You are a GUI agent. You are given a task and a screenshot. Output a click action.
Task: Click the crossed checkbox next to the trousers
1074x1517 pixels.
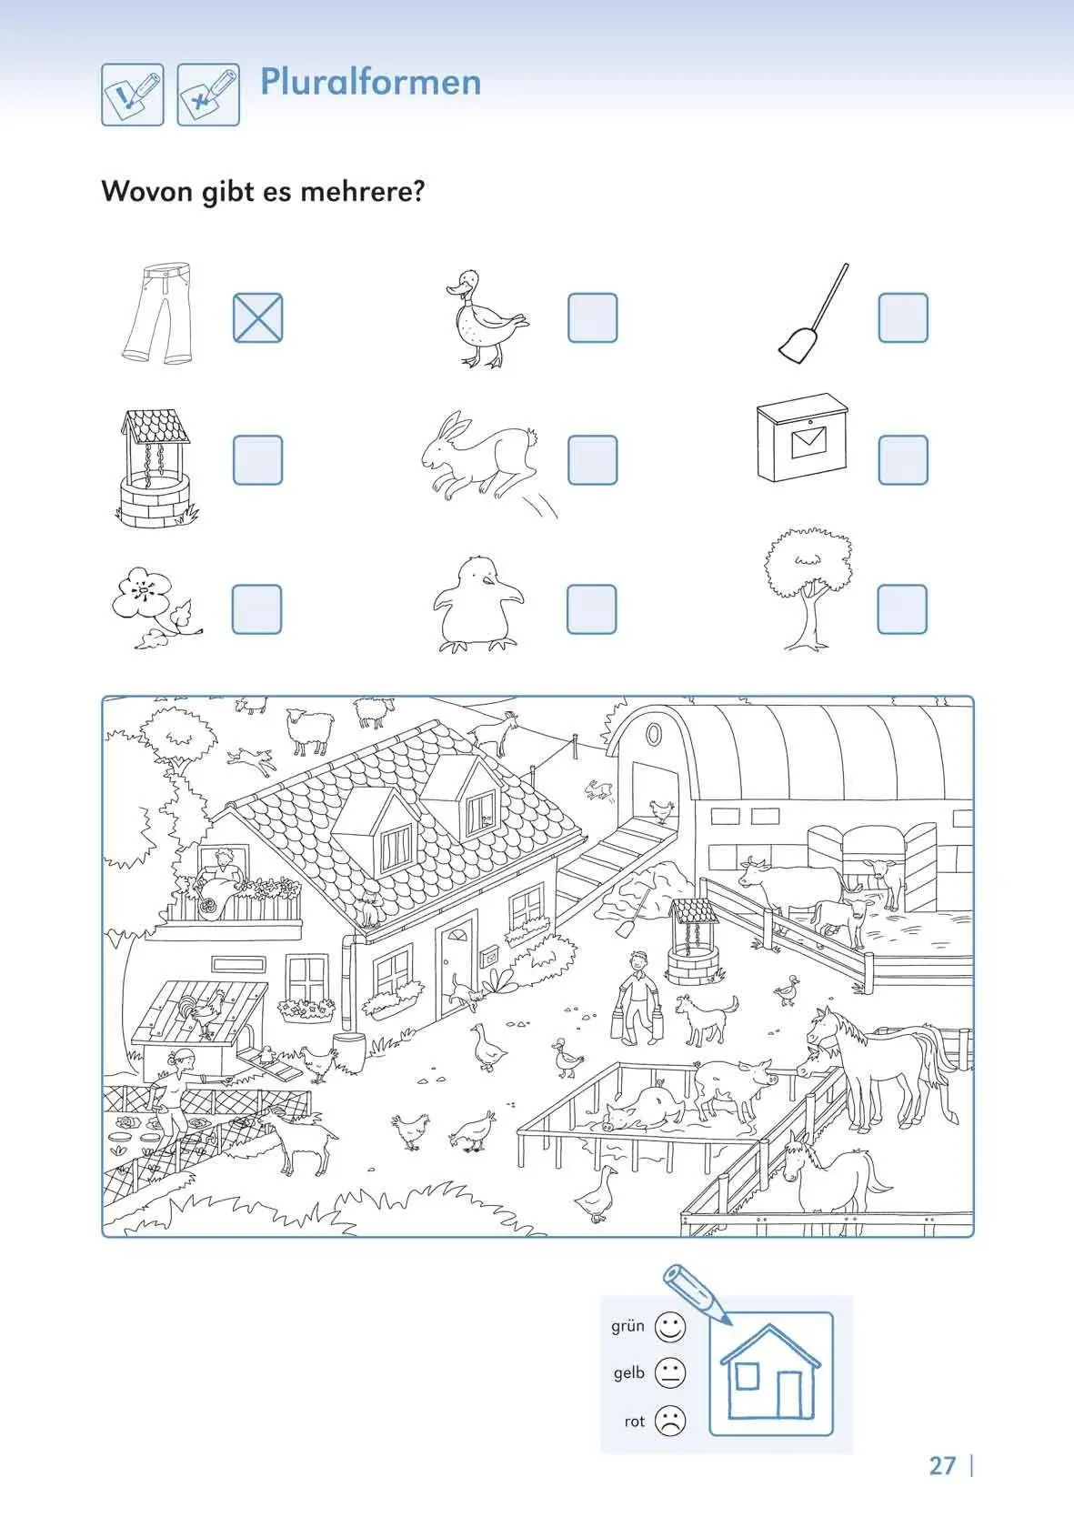(257, 317)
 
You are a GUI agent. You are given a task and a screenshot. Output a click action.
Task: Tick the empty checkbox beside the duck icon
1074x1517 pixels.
(593, 317)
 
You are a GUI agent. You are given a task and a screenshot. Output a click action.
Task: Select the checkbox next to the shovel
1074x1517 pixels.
(903, 317)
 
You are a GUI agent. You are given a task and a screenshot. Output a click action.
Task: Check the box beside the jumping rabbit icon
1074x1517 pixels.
(593, 460)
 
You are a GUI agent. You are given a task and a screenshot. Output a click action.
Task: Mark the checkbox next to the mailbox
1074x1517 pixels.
(903, 460)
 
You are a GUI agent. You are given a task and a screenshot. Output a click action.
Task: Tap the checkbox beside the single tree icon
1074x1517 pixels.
(902, 609)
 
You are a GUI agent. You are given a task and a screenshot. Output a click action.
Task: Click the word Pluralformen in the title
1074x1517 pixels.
(370, 82)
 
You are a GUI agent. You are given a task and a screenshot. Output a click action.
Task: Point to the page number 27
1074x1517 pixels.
(942, 1465)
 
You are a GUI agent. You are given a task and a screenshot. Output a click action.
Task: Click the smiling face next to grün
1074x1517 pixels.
(670, 1326)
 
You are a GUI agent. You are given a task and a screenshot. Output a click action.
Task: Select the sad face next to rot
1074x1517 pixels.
(670, 1421)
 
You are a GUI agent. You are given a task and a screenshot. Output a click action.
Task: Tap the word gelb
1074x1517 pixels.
(629, 1373)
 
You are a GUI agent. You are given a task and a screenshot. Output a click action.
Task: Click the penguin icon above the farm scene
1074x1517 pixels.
(478, 604)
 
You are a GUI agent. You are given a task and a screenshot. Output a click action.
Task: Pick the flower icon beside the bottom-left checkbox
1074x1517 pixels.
(156, 607)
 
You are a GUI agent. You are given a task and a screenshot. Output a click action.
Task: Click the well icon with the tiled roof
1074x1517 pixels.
(156, 468)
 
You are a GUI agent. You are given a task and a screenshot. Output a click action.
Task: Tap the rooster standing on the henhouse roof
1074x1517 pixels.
(204, 1013)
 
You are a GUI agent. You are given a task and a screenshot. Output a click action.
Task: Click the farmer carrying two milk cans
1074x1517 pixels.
(637, 998)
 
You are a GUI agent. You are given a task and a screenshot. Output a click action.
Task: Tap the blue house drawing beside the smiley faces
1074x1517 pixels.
(770, 1372)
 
